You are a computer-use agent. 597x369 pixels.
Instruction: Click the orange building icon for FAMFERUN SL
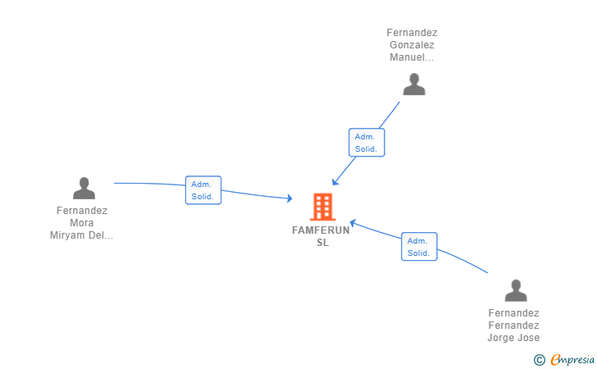tap(323, 207)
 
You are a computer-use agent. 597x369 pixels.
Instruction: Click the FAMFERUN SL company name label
tap(321, 230)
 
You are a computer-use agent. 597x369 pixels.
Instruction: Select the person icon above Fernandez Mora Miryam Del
tap(84, 189)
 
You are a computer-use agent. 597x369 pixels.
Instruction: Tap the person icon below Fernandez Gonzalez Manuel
tap(414, 84)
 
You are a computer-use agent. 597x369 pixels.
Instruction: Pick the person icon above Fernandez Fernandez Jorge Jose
tap(515, 290)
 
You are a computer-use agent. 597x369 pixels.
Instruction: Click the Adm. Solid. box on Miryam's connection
tap(203, 190)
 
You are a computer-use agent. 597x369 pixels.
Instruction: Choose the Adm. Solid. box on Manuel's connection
tap(366, 143)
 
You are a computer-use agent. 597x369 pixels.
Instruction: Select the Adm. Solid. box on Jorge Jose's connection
tap(418, 247)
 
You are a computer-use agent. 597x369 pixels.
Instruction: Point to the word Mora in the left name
tap(81, 223)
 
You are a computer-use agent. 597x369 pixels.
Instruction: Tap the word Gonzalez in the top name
tap(412, 45)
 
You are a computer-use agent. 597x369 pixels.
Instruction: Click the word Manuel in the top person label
tap(408, 57)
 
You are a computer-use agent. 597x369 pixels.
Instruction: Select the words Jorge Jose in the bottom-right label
tap(513, 338)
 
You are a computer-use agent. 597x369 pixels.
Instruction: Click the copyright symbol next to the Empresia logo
tap(540, 359)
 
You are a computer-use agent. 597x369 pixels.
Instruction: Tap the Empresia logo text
tap(572, 359)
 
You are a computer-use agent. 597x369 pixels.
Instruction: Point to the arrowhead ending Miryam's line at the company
tap(289, 198)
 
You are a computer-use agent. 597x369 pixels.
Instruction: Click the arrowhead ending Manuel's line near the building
tap(335, 182)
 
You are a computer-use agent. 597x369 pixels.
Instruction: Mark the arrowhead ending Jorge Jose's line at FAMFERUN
tap(353, 221)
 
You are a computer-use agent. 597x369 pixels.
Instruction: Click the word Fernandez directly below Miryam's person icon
tap(81, 211)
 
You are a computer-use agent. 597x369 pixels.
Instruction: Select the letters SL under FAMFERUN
tap(322, 243)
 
